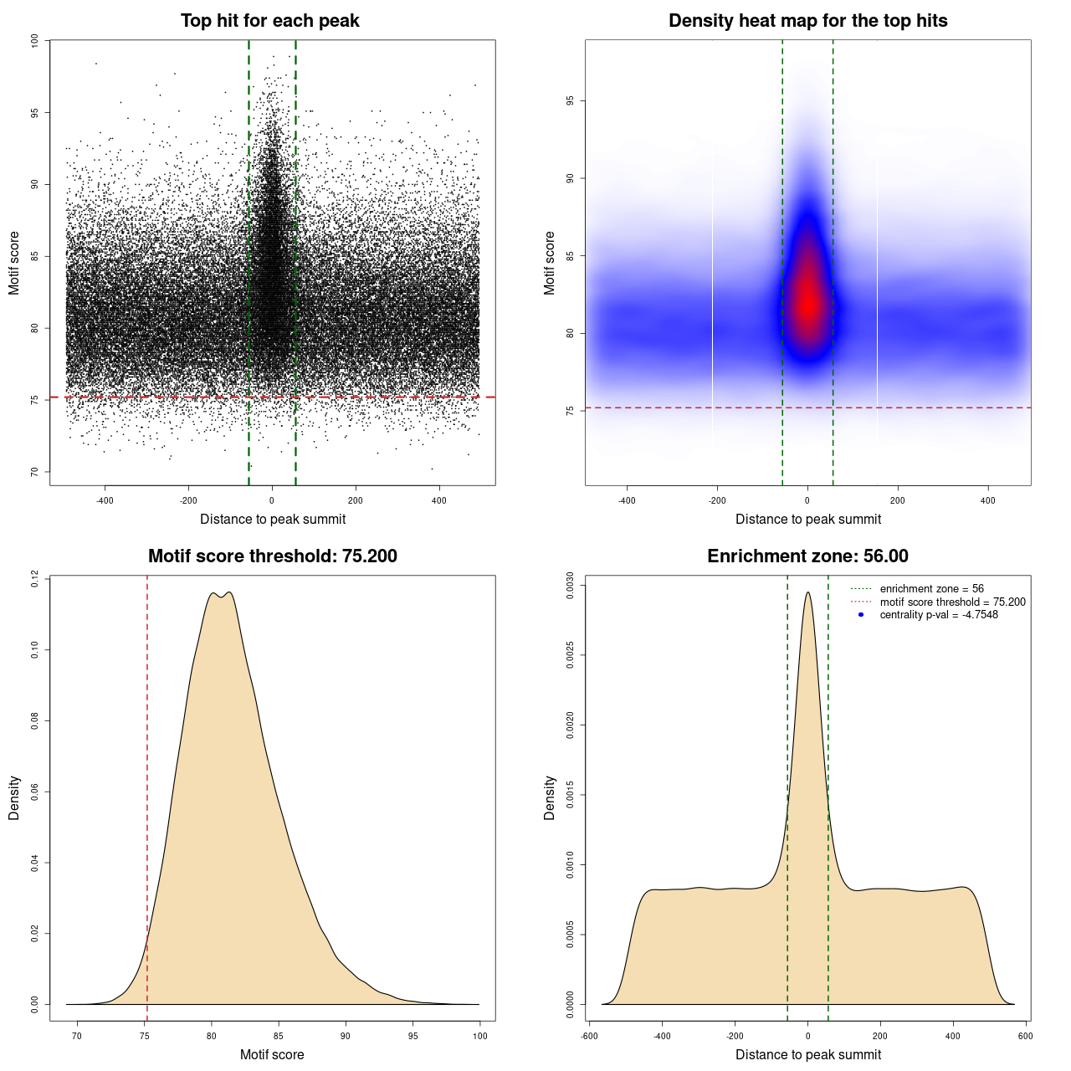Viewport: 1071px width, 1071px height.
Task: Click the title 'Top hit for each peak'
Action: tap(269, 21)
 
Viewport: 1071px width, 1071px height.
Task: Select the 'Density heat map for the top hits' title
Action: tap(807, 21)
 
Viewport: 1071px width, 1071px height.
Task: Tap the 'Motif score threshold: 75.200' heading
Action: tap(272, 556)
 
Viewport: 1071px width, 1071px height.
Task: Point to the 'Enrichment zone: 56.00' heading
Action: tap(807, 556)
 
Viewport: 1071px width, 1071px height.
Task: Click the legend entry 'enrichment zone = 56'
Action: tap(931, 589)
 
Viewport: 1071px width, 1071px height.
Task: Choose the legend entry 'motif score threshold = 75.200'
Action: tap(952, 602)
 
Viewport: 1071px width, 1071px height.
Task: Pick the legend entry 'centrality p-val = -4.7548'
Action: tap(939, 615)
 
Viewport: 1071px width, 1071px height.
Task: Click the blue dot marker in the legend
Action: tap(861, 615)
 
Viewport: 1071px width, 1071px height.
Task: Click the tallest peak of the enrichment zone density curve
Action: tap(807, 593)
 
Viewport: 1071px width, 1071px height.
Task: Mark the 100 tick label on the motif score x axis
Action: tap(479, 1036)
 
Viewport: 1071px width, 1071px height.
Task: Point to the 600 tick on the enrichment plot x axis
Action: tap(1025, 1036)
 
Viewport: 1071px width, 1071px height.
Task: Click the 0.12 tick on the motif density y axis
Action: tap(35, 579)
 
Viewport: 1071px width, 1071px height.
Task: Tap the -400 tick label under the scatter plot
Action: tap(105, 500)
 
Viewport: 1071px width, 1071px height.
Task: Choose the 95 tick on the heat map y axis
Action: tap(571, 101)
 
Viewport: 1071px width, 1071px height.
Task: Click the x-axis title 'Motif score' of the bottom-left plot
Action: tap(272, 1054)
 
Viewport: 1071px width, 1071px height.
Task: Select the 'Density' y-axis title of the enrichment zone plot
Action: tap(550, 797)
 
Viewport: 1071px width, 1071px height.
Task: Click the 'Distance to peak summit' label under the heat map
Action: tap(807, 519)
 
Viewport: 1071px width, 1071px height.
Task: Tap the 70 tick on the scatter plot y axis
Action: tap(35, 472)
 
